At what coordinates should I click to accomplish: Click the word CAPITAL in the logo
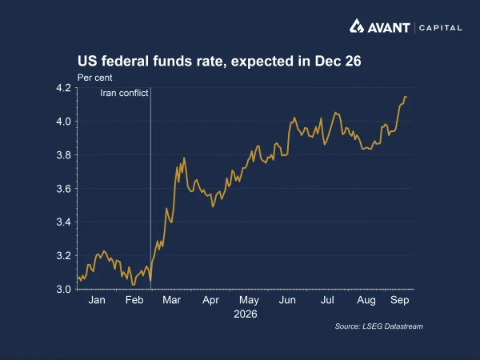(x=441, y=28)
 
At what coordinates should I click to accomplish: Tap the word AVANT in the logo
(x=389, y=28)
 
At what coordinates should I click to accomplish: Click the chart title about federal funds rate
(x=219, y=61)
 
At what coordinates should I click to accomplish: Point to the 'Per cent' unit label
(x=94, y=78)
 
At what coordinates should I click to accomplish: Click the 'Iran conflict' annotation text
(x=124, y=93)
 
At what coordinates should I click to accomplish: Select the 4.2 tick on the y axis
(x=63, y=88)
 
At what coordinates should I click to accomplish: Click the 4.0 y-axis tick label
(x=63, y=122)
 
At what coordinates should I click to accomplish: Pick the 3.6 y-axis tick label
(x=63, y=189)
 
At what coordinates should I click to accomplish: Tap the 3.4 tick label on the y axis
(x=63, y=222)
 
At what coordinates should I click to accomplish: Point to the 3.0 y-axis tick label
(x=63, y=289)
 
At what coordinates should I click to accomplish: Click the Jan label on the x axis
(x=97, y=300)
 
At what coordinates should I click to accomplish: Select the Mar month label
(x=171, y=300)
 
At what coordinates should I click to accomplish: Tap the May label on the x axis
(x=249, y=300)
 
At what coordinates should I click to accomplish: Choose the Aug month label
(x=366, y=300)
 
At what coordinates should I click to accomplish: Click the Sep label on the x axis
(x=399, y=300)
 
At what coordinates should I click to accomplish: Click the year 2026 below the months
(x=246, y=314)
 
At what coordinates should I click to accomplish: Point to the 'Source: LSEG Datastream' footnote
(x=378, y=326)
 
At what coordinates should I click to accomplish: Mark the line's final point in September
(x=406, y=97)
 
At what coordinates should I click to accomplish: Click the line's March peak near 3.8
(x=184, y=158)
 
